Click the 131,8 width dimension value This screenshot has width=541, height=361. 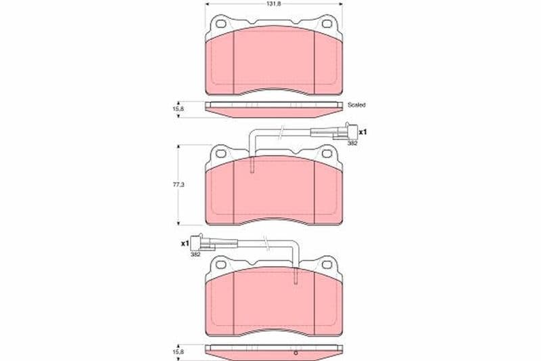273,4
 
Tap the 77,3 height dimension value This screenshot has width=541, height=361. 179,185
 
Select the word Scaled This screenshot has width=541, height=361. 356,105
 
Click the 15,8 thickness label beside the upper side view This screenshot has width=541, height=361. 179,109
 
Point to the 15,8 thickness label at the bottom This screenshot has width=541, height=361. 179,352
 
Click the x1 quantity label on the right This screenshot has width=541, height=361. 362,132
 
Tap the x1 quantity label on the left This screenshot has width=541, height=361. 185,244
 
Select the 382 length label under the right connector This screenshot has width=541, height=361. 352,143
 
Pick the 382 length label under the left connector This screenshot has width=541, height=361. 195,254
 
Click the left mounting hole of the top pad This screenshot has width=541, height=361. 221,24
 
